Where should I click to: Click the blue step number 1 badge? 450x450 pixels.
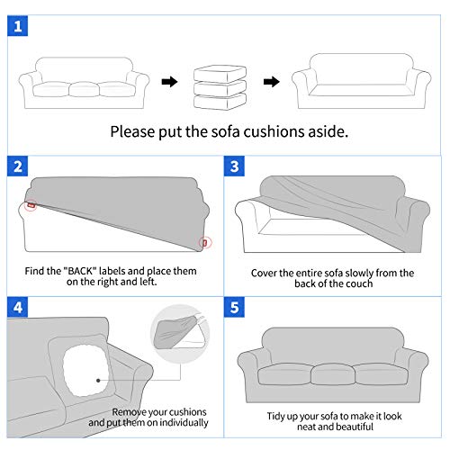pyautogui.click(x=18, y=26)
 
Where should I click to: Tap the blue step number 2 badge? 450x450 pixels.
pyautogui.click(x=18, y=166)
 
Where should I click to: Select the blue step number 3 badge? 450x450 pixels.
pyautogui.click(x=234, y=166)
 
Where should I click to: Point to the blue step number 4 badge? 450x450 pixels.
pyautogui.click(x=18, y=307)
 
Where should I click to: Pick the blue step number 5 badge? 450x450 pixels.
pyautogui.click(x=234, y=307)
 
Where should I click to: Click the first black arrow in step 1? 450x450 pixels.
pyautogui.click(x=169, y=82)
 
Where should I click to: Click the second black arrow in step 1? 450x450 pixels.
pyautogui.click(x=272, y=82)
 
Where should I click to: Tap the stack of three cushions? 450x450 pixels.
pyautogui.click(x=220, y=87)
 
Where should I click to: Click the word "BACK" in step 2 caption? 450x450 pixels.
pyautogui.click(x=80, y=271)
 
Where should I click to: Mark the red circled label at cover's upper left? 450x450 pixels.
pyautogui.click(x=31, y=205)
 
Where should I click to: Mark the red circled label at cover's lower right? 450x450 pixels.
pyautogui.click(x=205, y=242)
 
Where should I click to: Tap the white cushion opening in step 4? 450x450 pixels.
pyautogui.click(x=86, y=370)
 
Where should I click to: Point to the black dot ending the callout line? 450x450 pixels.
pyautogui.click(x=98, y=381)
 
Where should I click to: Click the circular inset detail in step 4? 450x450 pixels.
pyautogui.click(x=180, y=334)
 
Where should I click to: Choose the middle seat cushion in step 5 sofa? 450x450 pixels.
pyautogui.click(x=333, y=374)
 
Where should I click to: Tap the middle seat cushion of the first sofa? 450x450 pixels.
pyautogui.click(x=84, y=89)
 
